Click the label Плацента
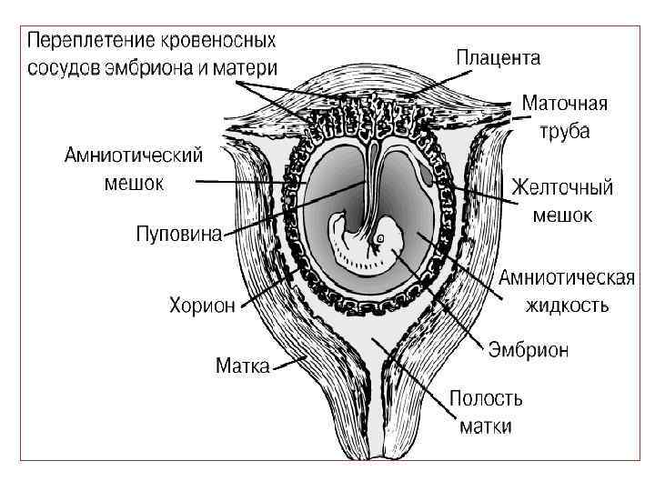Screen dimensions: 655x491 498,58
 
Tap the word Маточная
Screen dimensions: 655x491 564,104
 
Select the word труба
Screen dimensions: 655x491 565,131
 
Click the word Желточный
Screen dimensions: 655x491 562,188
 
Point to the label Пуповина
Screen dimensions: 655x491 178,235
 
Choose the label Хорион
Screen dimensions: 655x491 201,305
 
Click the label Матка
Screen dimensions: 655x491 242,366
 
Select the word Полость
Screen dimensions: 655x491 486,398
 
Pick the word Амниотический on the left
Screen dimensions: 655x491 133,155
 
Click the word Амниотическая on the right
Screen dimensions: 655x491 566,278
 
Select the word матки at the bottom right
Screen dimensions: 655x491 486,426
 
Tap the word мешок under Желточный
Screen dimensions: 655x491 562,215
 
